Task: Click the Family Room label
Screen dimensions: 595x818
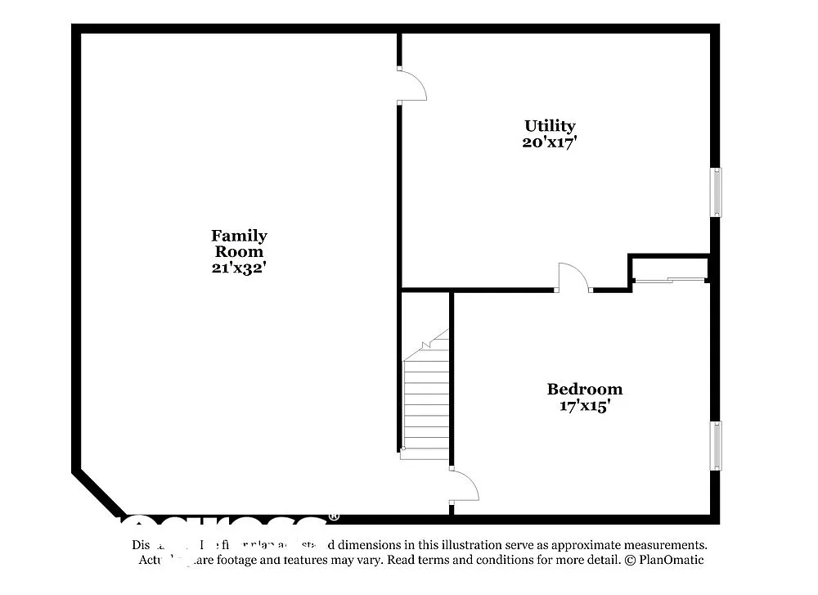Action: pyautogui.click(x=239, y=243)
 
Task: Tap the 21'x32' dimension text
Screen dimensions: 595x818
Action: pyautogui.click(x=239, y=268)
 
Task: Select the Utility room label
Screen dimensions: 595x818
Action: pyautogui.click(x=550, y=126)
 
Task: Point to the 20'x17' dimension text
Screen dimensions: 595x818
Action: pyautogui.click(x=550, y=142)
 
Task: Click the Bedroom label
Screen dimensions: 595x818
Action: pyautogui.click(x=584, y=390)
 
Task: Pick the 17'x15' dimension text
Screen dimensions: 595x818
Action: pyautogui.click(x=584, y=406)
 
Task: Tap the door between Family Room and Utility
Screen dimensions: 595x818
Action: pyautogui.click(x=411, y=85)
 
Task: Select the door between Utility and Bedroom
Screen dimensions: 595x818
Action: pyautogui.click(x=573, y=277)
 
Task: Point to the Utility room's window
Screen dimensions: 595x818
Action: pyautogui.click(x=716, y=192)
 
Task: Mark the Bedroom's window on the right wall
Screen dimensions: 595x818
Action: pyautogui.click(x=716, y=445)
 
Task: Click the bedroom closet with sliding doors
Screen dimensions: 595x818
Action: pyautogui.click(x=670, y=269)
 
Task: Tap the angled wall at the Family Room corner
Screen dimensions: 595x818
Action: pyautogui.click(x=98, y=493)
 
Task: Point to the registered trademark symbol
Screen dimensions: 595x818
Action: pyautogui.click(x=334, y=517)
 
